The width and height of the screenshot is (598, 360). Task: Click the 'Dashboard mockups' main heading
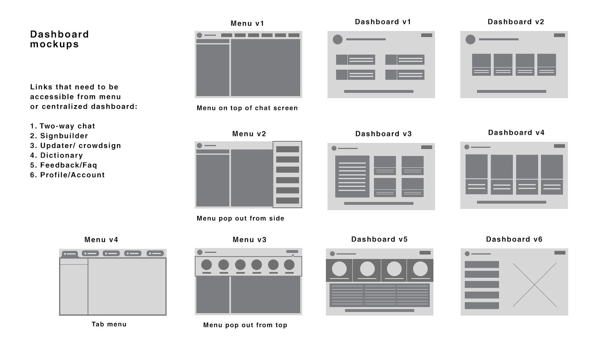[59, 40]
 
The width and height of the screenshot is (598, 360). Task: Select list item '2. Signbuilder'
[59, 136]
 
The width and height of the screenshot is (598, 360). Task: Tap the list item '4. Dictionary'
[57, 156]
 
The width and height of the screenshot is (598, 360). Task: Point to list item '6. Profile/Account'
[68, 175]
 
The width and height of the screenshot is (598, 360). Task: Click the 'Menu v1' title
[248, 24]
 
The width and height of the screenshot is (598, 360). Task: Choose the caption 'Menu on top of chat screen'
[247, 108]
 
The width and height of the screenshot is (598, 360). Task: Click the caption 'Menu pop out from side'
[240, 219]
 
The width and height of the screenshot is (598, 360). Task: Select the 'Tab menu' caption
[109, 325]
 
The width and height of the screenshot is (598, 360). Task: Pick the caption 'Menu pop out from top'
[245, 325]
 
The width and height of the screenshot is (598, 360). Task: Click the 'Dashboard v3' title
[383, 134]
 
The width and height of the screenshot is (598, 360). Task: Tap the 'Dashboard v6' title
[514, 239]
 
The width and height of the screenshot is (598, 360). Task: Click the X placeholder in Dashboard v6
[534, 285]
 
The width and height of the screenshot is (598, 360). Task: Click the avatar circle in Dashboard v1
[338, 40]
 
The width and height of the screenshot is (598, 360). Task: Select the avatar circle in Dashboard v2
[470, 40]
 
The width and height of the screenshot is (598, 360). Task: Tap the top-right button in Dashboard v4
[559, 146]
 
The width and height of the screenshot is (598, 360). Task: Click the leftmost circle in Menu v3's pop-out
[207, 265]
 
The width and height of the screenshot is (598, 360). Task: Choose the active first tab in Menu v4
[70, 254]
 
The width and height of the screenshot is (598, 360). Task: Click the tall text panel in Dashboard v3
[352, 176]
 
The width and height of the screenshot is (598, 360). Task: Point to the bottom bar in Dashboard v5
[380, 310]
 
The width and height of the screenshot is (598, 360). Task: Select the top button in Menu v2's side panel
[288, 149]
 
